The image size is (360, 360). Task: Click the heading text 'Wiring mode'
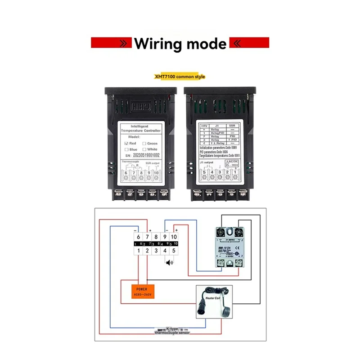pyautogui.click(x=180, y=44)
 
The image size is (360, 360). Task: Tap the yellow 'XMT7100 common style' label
pyautogui.click(x=180, y=76)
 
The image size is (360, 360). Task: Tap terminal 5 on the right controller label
pyautogui.click(x=204, y=172)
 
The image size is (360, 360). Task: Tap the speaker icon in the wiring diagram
pyautogui.click(x=169, y=263)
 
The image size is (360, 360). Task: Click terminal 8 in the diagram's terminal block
pyautogui.click(x=156, y=237)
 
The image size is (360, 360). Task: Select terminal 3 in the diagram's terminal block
pyautogui.click(x=156, y=250)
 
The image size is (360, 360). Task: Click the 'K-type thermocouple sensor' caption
pyautogui.click(x=172, y=332)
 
